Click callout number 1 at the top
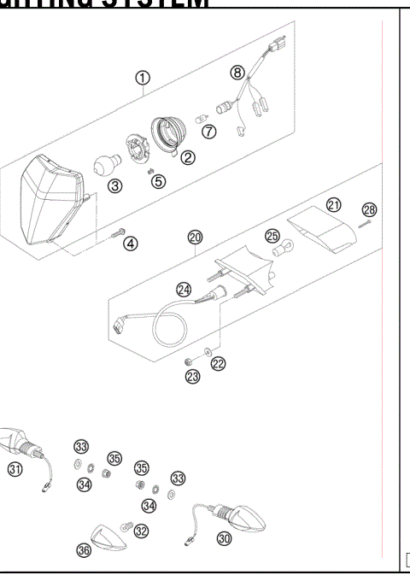point(143,79)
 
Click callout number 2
point(185,157)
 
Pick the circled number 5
point(158,180)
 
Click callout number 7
point(208,130)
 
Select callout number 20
point(196,237)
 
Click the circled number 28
point(369,209)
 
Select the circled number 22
point(218,364)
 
